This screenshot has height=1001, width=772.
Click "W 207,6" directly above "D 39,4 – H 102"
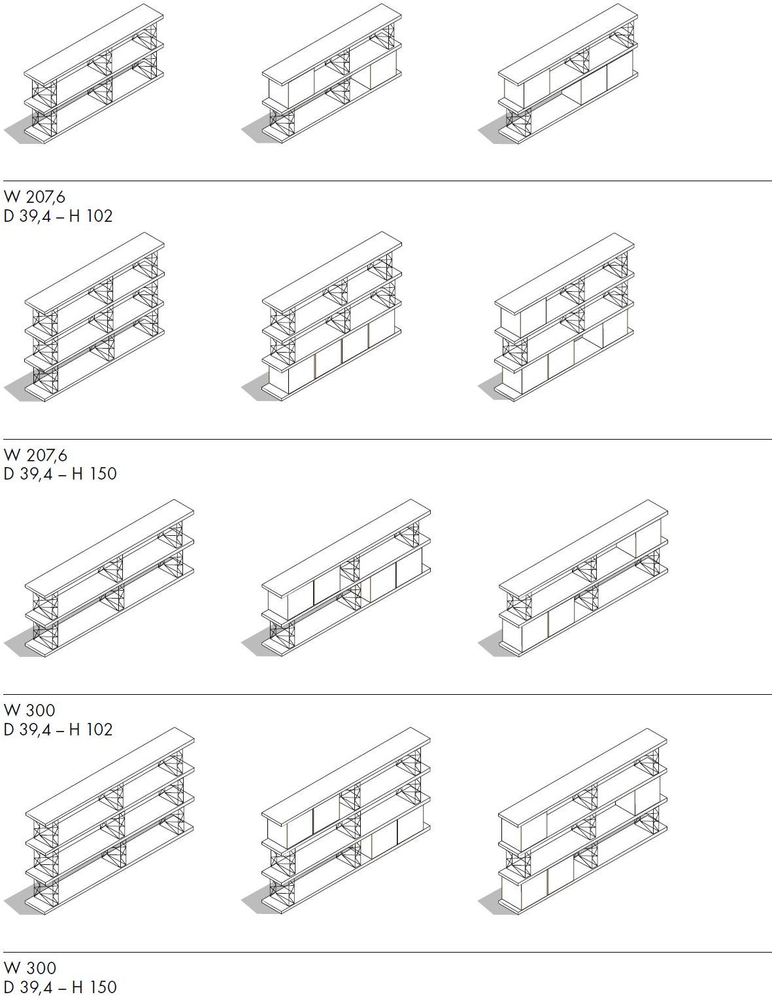click(35, 197)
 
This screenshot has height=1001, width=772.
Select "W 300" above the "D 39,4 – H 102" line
click(29, 711)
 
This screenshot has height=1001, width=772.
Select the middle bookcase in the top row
click(331, 74)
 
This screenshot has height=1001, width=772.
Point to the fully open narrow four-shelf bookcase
click(94, 317)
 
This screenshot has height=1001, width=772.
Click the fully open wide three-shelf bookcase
click(110, 578)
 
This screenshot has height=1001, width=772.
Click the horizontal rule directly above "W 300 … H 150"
click(388, 952)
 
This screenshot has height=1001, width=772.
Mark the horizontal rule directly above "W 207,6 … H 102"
click(388, 181)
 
